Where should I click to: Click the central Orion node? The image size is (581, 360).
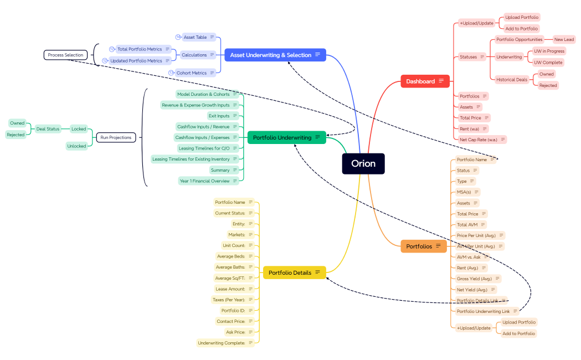(x=363, y=163)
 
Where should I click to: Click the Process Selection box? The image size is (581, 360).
(x=65, y=55)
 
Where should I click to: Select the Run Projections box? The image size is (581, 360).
(x=116, y=137)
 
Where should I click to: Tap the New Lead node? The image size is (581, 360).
(x=564, y=39)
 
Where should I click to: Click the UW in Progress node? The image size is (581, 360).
(x=548, y=51)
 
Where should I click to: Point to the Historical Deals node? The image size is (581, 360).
(x=511, y=80)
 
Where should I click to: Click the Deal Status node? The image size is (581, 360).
(x=48, y=129)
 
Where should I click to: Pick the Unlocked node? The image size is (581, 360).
(x=76, y=146)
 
